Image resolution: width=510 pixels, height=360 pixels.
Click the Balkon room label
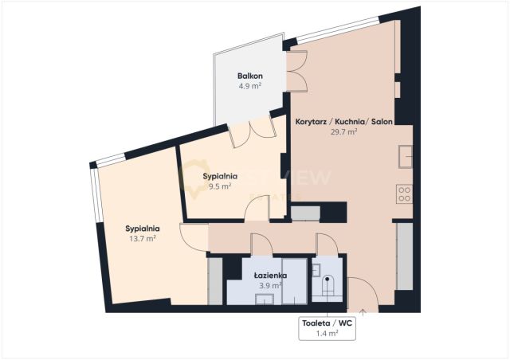[x=249, y=76]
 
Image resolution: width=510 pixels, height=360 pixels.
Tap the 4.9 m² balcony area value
[x=249, y=86]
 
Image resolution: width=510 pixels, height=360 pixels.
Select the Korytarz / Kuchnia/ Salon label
[x=343, y=122]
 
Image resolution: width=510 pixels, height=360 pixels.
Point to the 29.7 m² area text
[x=343, y=131]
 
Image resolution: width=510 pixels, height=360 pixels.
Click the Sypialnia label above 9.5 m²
[x=220, y=176]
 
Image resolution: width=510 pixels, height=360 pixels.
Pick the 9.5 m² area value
[x=220, y=186]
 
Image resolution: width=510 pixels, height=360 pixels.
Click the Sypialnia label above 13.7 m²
[x=143, y=229]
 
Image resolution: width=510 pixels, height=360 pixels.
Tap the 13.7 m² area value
[x=143, y=239]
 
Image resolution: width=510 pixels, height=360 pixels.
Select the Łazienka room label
[x=270, y=276]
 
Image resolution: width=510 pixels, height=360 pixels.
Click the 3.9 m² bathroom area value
[x=270, y=286]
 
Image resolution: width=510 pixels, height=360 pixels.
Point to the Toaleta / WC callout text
[x=327, y=323]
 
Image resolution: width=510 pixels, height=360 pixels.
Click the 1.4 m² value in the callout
[x=327, y=334]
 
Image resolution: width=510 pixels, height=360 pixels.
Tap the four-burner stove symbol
[x=404, y=194]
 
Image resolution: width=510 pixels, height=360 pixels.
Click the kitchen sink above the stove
[x=406, y=156]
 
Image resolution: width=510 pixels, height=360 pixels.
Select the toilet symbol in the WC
[x=328, y=286]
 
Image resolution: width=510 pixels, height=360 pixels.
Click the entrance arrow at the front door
[x=363, y=312]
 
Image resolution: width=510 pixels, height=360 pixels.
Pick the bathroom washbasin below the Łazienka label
[x=265, y=299]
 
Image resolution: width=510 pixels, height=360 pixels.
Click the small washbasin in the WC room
[x=316, y=270]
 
